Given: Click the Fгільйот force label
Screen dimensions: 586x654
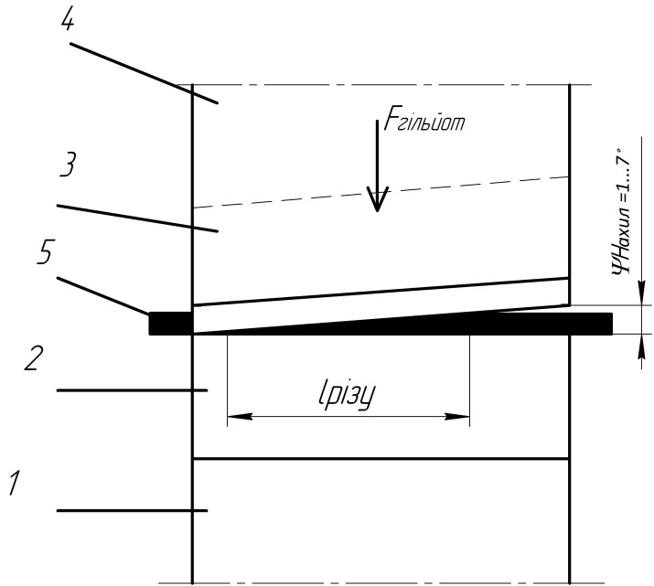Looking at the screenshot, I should (x=426, y=123).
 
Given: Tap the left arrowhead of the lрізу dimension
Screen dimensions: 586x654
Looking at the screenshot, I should (x=234, y=418).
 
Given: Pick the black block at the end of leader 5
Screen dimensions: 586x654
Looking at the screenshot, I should (x=170, y=323).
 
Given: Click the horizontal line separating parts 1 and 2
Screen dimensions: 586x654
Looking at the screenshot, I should (x=381, y=458).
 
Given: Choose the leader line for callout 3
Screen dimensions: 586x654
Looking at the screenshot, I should (x=137, y=218).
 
